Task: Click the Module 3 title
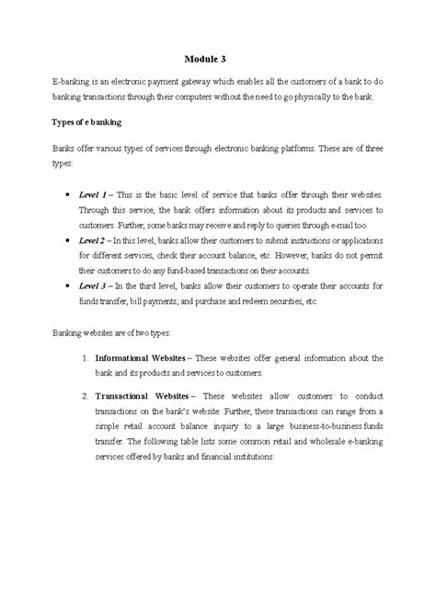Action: pos(218,56)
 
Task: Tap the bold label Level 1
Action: pos(96,195)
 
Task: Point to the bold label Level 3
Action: pos(96,285)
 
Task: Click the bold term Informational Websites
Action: pos(144,357)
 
